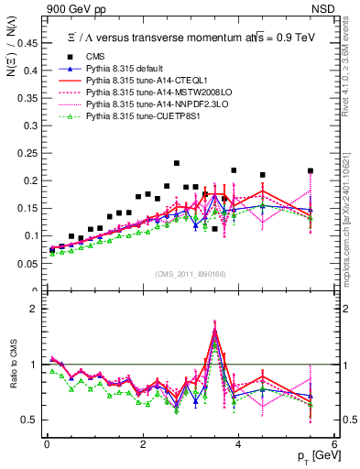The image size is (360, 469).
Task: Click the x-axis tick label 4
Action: tap(238, 444)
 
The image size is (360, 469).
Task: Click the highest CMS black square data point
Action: tap(177, 163)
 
